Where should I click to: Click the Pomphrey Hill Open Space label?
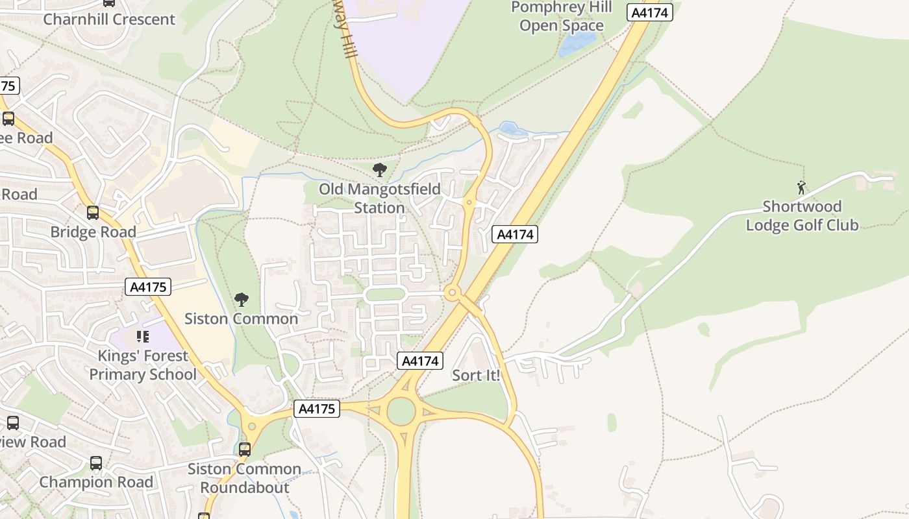coord(561,17)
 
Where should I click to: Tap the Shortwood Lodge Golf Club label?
coord(802,216)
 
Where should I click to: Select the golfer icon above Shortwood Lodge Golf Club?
coord(801,188)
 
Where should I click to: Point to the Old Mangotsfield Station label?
coord(380,199)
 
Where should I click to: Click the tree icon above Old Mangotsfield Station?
coord(380,171)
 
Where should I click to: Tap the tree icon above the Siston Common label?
coord(242,300)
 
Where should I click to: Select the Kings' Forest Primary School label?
coord(142,365)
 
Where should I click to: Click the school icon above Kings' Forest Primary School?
coord(142,337)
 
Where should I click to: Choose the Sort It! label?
coord(476,375)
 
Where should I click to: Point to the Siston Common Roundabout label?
coord(244,478)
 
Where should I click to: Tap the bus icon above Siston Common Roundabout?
coord(245,449)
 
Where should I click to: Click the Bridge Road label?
coord(93,232)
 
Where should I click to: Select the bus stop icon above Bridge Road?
coord(93,212)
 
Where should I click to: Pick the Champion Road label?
coord(96,482)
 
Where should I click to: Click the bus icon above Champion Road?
coord(96,463)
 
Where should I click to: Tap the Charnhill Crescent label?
coord(109,19)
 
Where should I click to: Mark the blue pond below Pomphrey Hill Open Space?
coord(577,44)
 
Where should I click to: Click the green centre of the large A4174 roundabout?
coord(401,411)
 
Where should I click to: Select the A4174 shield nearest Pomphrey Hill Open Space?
coord(649,12)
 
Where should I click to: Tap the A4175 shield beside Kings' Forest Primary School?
coord(149,287)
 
